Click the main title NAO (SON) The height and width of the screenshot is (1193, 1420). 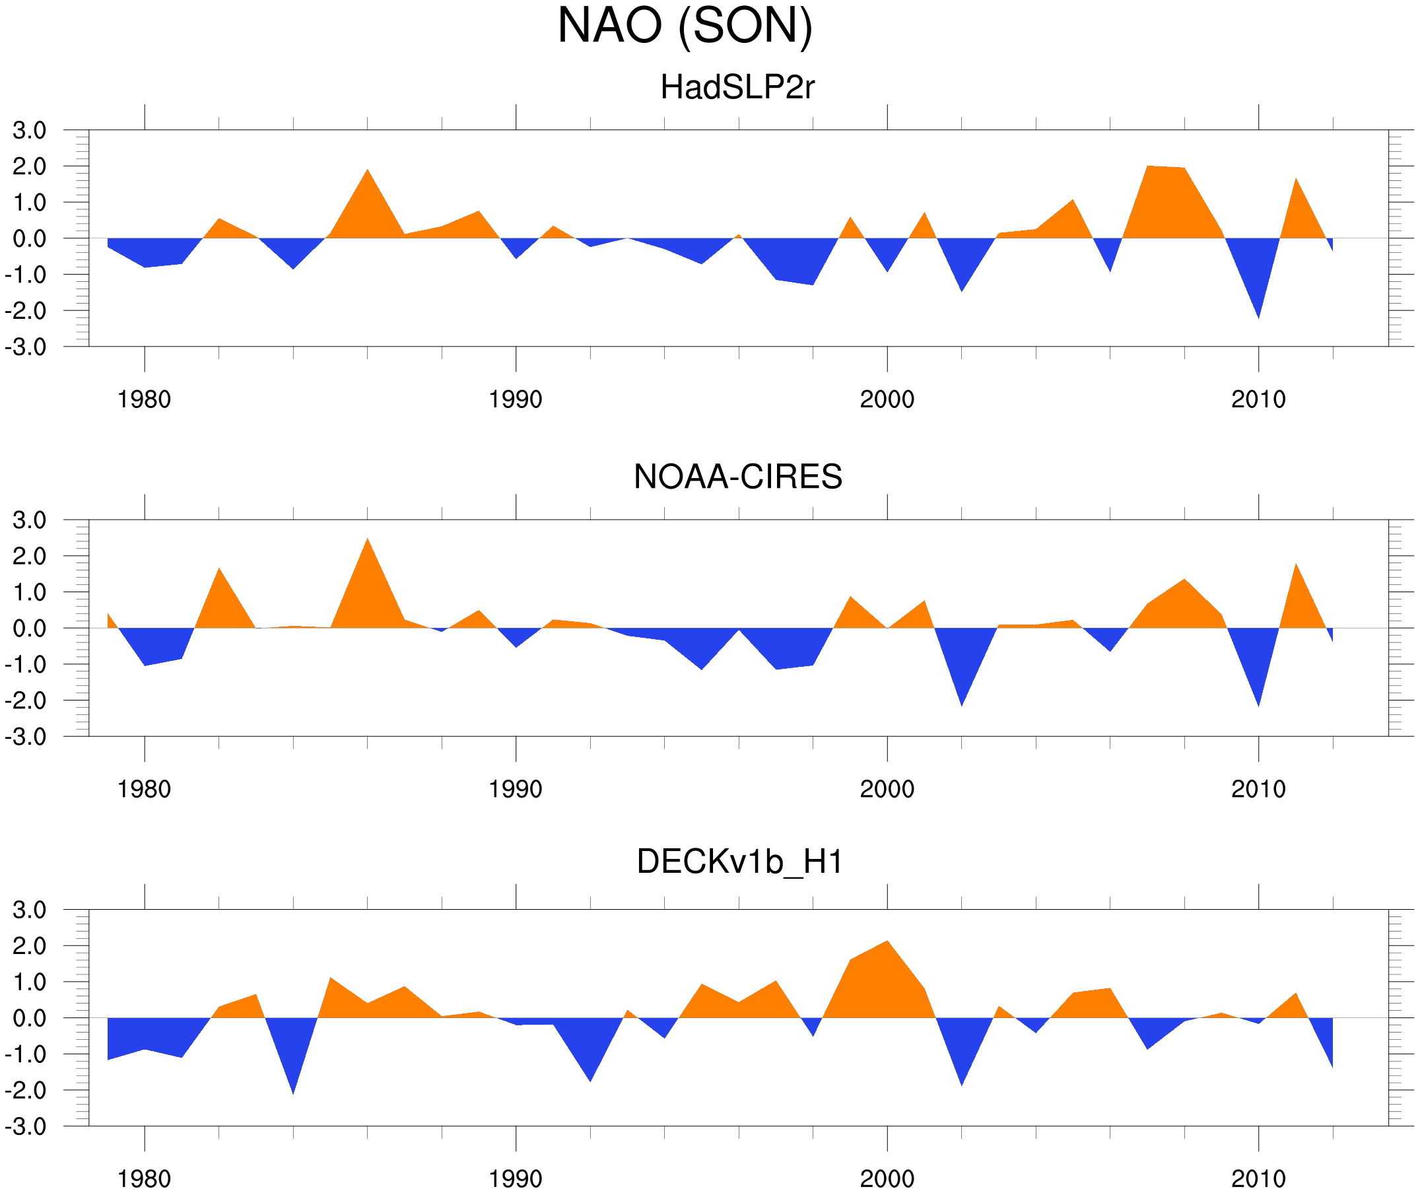(685, 26)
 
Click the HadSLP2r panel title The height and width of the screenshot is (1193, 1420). (737, 87)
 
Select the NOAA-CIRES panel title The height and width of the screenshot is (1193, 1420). (737, 477)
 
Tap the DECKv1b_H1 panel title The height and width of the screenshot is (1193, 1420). (740, 862)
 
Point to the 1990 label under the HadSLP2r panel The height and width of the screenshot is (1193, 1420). (516, 399)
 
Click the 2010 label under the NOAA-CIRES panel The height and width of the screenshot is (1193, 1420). (1258, 789)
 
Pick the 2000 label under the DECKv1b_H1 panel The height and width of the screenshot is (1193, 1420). (887, 1178)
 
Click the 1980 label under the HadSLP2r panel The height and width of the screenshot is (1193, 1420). (144, 399)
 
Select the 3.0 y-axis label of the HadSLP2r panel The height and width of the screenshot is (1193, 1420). (29, 131)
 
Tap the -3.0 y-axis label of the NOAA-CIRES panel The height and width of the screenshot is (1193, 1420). (26, 737)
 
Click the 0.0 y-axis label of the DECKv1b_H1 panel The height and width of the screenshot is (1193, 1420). (29, 1019)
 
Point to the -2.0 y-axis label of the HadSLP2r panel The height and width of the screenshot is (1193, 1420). (26, 311)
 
